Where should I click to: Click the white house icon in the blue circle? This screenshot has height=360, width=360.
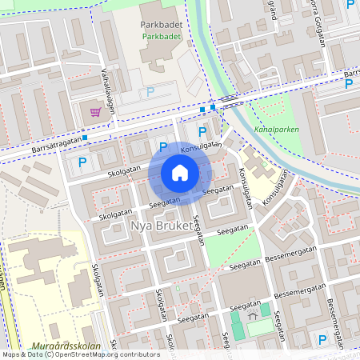(x=180, y=173)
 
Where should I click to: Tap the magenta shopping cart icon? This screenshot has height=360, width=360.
(x=96, y=112)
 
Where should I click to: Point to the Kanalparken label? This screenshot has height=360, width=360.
(x=275, y=128)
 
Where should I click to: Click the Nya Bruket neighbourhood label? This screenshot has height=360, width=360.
(x=162, y=227)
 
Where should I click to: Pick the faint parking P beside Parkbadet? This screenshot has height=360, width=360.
(x=150, y=92)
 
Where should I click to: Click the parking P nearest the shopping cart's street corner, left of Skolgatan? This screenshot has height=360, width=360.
(x=82, y=163)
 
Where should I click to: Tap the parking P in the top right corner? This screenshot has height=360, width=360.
(x=350, y=6)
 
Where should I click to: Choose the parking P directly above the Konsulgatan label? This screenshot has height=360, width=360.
(x=202, y=132)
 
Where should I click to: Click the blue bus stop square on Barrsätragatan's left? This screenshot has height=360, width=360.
(x=85, y=137)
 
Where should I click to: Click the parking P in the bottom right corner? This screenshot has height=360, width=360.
(x=322, y=340)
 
